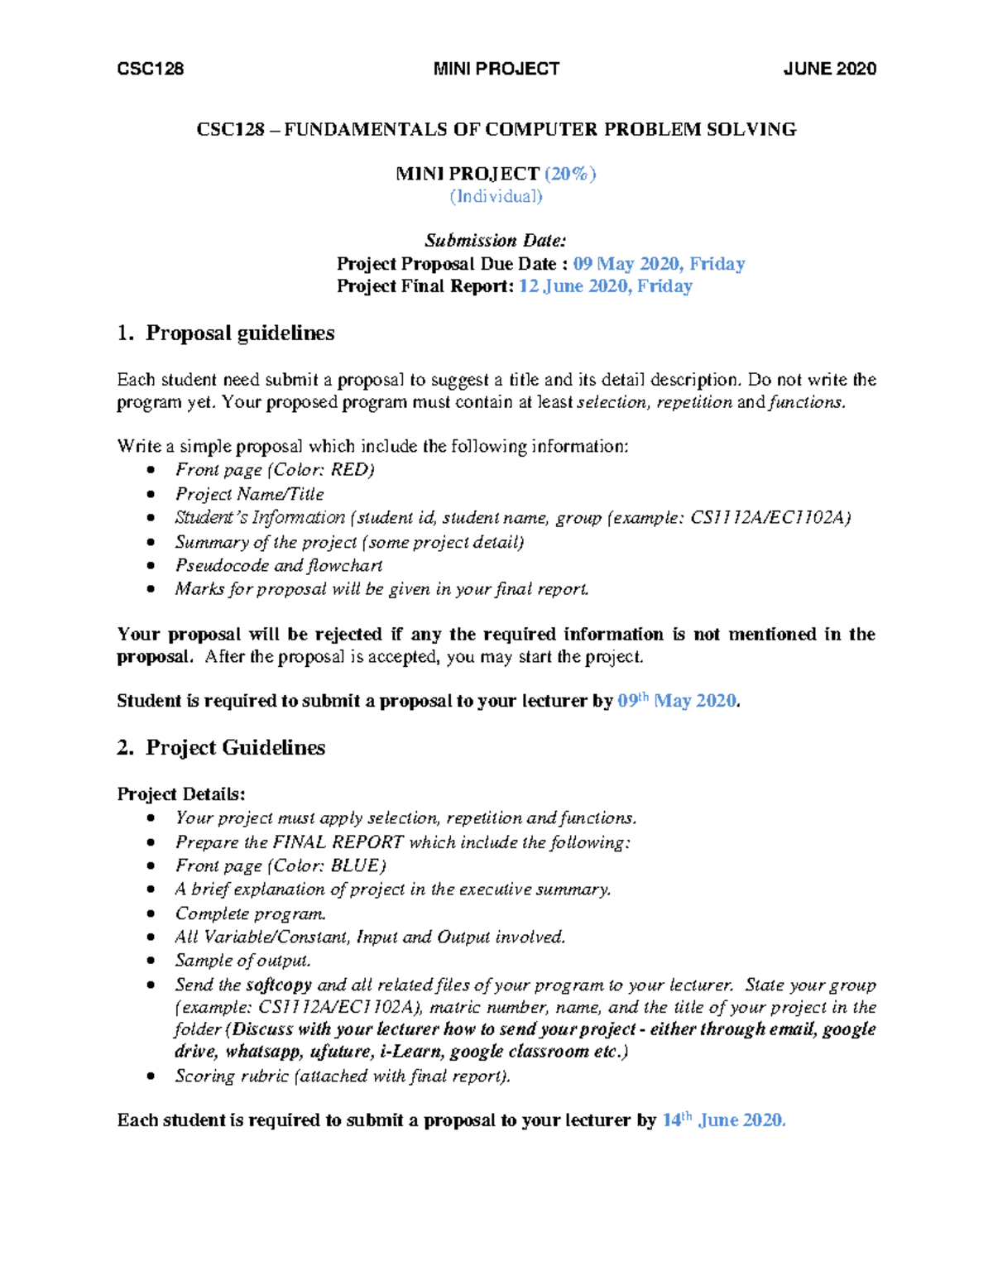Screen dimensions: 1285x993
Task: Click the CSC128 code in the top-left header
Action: (151, 69)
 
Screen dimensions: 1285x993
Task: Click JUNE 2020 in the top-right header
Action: (829, 69)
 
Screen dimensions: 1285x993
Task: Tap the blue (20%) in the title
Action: (569, 174)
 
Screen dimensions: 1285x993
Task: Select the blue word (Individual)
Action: (496, 196)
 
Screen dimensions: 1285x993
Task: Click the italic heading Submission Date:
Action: (496, 241)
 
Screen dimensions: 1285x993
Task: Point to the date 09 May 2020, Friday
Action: (659, 264)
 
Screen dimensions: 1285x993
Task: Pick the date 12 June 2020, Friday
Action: (605, 286)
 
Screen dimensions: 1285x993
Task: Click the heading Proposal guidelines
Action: (240, 333)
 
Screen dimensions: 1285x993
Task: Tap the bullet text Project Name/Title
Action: (249, 494)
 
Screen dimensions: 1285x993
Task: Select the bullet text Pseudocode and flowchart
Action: (279, 565)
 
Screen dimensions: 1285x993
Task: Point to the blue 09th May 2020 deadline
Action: (677, 701)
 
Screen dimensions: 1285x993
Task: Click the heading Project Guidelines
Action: (235, 748)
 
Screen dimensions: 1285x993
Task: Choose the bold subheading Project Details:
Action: (181, 794)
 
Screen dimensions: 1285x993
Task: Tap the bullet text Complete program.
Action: (250, 913)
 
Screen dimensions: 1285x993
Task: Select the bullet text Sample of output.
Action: (242, 961)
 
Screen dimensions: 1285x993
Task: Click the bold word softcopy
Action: (279, 985)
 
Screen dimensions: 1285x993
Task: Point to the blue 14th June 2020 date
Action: (723, 1120)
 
